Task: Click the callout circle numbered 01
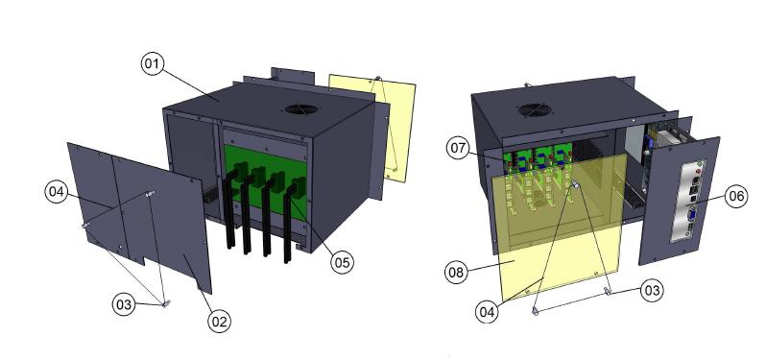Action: (153, 64)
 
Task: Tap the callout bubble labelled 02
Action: (219, 322)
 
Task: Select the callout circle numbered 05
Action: (342, 262)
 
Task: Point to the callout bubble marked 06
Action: (735, 197)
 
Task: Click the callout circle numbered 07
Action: (458, 148)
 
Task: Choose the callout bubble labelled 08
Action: (456, 272)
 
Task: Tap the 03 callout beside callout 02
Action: (124, 304)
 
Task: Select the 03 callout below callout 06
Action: (652, 291)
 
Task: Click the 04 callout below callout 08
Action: (487, 312)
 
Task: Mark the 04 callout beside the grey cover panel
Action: (57, 191)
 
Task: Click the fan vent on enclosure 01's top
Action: (301, 108)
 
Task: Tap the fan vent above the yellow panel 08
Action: (535, 109)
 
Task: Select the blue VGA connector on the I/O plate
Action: (692, 214)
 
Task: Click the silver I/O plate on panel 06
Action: (688, 201)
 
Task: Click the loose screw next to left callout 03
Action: (166, 303)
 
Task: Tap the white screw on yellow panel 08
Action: (576, 184)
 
